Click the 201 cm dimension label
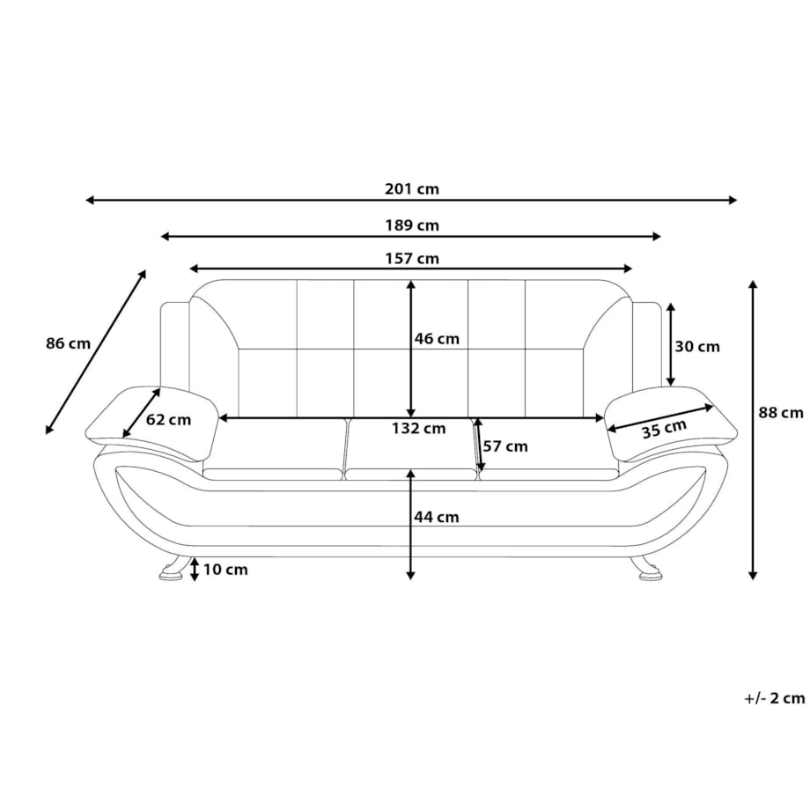(x=412, y=189)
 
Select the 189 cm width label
(x=412, y=225)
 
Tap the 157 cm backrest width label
(x=412, y=258)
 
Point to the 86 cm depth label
(x=68, y=343)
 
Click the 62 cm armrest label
(x=168, y=419)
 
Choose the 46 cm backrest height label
(x=437, y=339)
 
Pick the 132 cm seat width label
(x=418, y=428)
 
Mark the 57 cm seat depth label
(x=505, y=446)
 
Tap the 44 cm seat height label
(x=437, y=517)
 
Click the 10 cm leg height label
(x=225, y=570)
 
